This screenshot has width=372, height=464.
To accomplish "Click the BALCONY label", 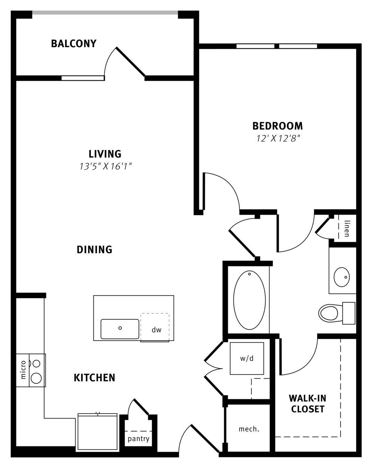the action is [73, 43].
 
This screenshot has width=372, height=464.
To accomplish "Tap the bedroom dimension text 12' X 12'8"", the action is [278, 139].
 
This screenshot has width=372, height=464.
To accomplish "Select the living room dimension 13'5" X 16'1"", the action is [105, 166].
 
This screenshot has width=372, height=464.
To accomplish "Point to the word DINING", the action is [95, 249].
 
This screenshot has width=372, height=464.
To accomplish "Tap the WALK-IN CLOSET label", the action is [308, 404].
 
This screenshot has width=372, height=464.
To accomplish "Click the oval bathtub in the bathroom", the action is [250, 300].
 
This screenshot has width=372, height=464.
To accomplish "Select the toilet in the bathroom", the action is [337, 313].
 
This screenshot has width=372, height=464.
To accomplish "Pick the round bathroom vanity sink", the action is [341, 277].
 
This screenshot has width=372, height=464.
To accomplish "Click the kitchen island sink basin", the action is [120, 329].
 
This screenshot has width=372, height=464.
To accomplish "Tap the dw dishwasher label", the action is [156, 330].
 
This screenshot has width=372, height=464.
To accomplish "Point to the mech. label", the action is [249, 429].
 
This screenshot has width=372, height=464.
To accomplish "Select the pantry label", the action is [138, 439].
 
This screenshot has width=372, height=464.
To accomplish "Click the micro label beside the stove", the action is [23, 370].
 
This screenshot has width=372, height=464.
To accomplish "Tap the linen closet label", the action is [347, 229].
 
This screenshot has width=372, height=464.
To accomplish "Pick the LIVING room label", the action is [105, 154].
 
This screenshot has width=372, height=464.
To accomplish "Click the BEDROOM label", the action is [278, 126].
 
